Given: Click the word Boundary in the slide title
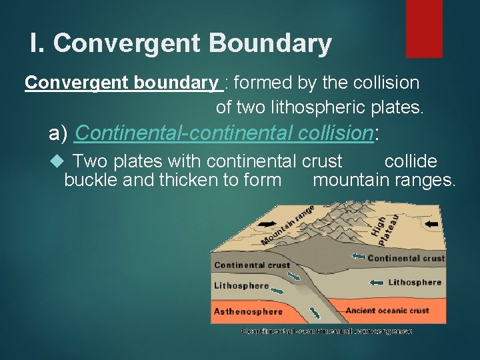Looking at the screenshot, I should pos(270,44).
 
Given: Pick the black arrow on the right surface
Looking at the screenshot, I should pos(432,223).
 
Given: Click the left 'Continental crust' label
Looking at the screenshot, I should pos(252,265).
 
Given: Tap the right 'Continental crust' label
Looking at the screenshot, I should pos(406,258).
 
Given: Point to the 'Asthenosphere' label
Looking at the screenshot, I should pos(248,311).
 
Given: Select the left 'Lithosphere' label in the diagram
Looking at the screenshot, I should pos(241,285).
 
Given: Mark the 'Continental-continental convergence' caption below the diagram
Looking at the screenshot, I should pos(327,331).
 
